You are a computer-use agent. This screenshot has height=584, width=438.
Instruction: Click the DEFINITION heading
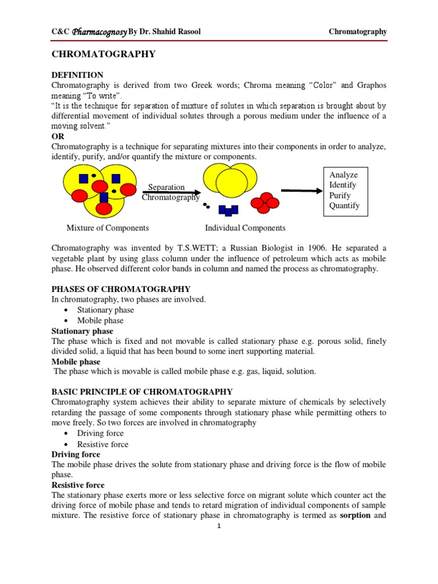pos(78,75)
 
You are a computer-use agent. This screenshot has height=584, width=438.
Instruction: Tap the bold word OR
pos(58,136)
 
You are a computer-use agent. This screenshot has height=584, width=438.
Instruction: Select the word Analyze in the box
pos(343,175)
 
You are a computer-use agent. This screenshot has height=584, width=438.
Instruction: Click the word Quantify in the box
pos(344,206)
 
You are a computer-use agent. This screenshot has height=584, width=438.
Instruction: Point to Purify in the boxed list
pos(340,196)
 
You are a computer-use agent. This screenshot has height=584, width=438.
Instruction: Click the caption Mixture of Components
pos(108,228)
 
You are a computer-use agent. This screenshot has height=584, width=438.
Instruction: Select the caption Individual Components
pos(245,228)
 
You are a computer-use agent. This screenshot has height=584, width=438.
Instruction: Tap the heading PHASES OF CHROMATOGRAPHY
pos(121,289)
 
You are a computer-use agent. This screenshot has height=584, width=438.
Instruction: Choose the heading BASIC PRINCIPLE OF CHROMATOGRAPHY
pos(142,392)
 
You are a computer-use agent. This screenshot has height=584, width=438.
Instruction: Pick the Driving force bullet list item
pos(100,433)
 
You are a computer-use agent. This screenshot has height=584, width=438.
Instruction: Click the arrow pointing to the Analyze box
pos(302,191)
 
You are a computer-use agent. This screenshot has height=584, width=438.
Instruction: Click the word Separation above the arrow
pos(166,187)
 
